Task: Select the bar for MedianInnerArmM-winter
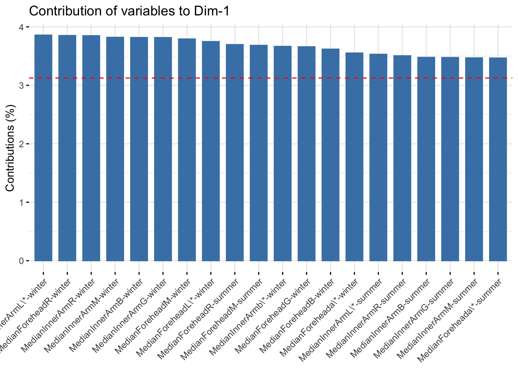pyautogui.click(x=115, y=149)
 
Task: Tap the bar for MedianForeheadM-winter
pyautogui.click(x=187, y=150)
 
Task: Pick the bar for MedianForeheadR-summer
pyautogui.click(x=235, y=153)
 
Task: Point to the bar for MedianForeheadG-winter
pyautogui.click(x=306, y=154)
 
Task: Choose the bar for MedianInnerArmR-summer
pyautogui.click(x=402, y=158)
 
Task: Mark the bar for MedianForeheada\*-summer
pyautogui.click(x=498, y=159)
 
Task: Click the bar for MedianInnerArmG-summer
pyautogui.click(x=450, y=159)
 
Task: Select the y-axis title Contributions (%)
pyautogui.click(x=10, y=148)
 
